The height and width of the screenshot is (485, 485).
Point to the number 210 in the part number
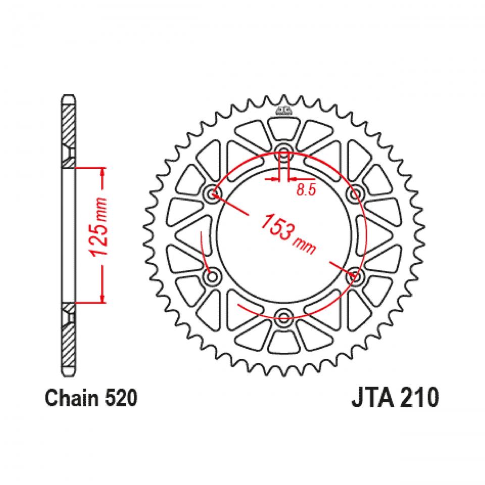coord(414,399)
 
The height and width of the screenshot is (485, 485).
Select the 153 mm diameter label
coord(288,232)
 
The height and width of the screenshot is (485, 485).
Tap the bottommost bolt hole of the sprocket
coord(283,317)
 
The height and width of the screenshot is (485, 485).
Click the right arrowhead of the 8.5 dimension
coord(291,179)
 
